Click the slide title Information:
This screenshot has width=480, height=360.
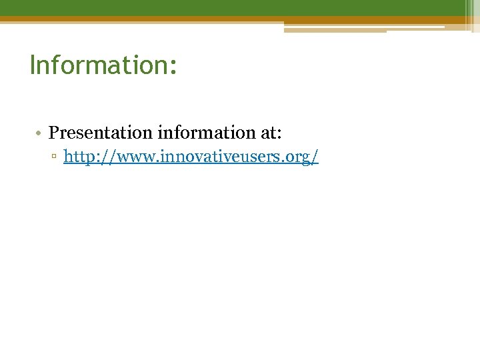103,65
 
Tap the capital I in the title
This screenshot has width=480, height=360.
33,65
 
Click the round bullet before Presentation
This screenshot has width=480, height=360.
39,133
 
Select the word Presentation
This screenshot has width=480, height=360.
101,133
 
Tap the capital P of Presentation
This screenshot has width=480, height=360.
53,132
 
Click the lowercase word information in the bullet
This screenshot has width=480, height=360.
205,132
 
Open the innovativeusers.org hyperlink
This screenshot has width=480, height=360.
191,157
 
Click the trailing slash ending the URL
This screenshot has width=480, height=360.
315,157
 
